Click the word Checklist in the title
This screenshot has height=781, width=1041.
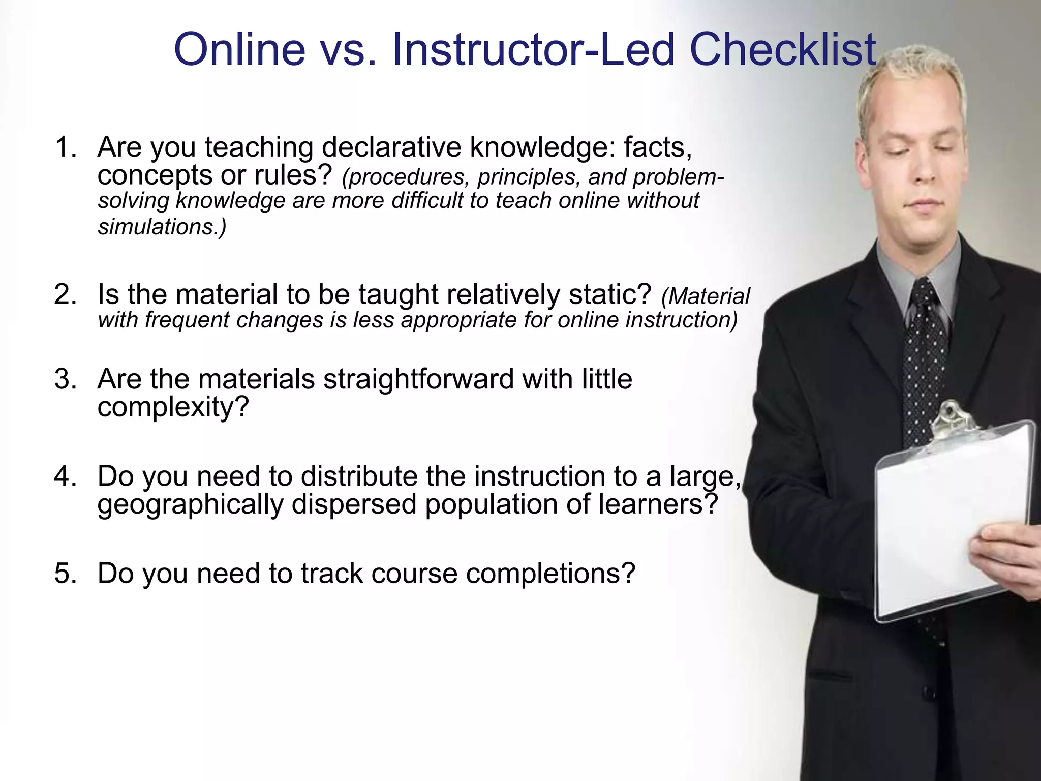point(783,50)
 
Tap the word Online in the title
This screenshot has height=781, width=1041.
point(239,50)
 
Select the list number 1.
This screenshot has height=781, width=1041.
point(66,147)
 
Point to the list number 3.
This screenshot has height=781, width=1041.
point(66,379)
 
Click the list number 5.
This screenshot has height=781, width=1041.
point(66,574)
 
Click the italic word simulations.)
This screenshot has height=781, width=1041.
point(162,227)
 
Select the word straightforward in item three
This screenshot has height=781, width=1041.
point(418,379)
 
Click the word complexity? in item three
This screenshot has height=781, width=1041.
point(173,407)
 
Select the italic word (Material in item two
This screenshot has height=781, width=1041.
point(706,296)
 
